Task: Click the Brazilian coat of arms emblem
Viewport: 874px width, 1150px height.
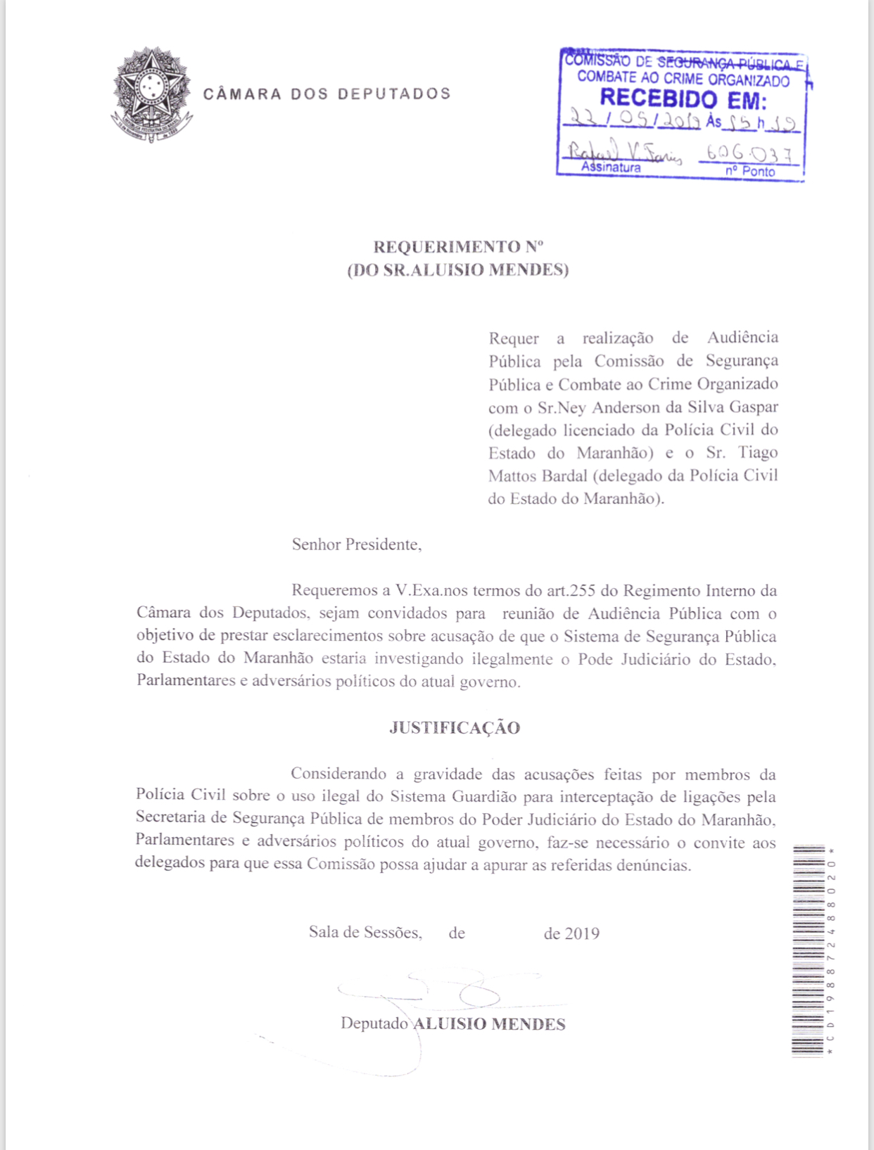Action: [151, 94]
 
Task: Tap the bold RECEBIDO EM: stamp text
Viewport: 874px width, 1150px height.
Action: [682, 100]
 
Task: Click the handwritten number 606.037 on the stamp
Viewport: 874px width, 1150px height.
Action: [749, 153]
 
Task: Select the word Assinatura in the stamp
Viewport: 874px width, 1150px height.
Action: [611, 168]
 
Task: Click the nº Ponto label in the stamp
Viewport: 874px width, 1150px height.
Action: [750, 171]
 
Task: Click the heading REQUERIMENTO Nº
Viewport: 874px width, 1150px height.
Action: [458, 247]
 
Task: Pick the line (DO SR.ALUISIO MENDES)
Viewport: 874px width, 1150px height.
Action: [458, 270]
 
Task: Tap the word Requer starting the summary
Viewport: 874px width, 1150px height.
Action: [514, 339]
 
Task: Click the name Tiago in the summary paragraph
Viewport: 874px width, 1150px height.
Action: [758, 452]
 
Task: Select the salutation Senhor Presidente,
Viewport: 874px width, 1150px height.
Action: [357, 544]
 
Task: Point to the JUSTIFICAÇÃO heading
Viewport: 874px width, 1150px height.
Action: [455, 728]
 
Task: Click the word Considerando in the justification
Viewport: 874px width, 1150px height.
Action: [338, 774]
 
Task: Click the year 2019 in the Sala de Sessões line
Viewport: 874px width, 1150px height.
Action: [582, 933]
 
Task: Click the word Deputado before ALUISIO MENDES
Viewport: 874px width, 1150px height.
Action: [374, 1023]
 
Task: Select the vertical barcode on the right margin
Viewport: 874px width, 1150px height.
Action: [809, 950]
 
